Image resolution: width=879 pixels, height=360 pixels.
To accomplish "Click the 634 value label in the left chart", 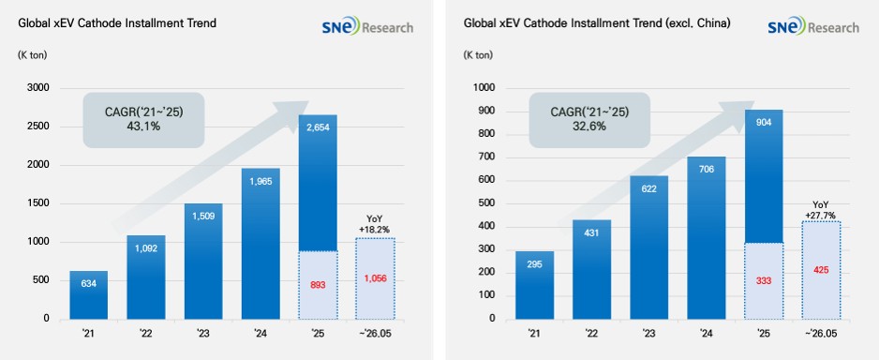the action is [x=89, y=283].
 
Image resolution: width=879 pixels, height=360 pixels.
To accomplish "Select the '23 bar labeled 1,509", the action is [x=203, y=262].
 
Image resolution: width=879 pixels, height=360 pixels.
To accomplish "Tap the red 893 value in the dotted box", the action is [x=318, y=285].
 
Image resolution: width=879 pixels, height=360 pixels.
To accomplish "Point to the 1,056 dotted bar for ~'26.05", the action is [x=376, y=278].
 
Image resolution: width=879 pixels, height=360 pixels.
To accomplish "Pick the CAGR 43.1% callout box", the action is [x=143, y=120].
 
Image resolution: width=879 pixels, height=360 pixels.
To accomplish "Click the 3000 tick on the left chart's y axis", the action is [x=39, y=88].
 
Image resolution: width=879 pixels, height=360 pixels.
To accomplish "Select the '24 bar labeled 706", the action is [x=707, y=238].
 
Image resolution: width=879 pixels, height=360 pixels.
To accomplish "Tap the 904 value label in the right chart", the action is [x=764, y=124].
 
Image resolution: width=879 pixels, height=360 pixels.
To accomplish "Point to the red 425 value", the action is [x=821, y=270].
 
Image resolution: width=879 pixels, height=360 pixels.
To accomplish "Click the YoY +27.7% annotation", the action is [x=821, y=210].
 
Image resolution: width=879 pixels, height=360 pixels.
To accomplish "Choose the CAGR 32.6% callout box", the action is [x=589, y=120].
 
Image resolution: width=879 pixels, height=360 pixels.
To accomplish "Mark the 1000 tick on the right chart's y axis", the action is [x=484, y=88].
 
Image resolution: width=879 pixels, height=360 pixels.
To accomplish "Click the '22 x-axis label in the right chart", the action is [x=591, y=334].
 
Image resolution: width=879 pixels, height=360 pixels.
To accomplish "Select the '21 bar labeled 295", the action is [x=535, y=285].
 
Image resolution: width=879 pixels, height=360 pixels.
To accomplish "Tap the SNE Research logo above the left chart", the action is [x=367, y=26].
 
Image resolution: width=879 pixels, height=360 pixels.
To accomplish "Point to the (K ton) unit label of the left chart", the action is [x=33, y=55].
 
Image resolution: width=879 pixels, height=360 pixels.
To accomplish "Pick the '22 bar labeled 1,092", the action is [x=146, y=277].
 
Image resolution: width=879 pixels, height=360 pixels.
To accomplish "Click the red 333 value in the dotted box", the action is [x=764, y=280].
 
